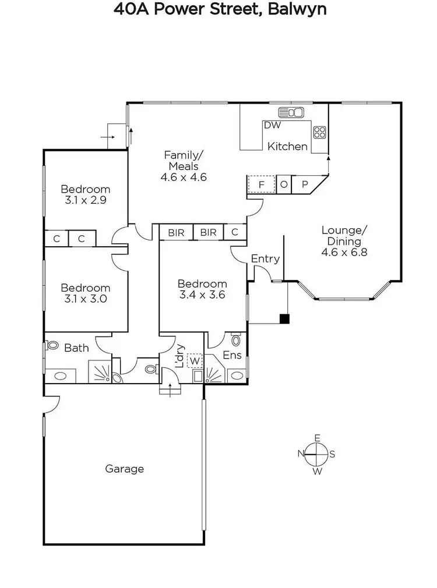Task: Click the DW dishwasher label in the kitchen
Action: tap(272, 125)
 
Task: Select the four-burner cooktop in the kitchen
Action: tap(320, 132)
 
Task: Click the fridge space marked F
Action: tap(262, 185)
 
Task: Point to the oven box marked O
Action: tap(284, 185)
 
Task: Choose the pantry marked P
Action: tap(305, 185)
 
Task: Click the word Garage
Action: tap(124, 468)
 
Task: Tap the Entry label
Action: tap(265, 259)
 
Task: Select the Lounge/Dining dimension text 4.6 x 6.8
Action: tap(344, 252)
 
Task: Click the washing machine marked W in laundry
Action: tap(195, 360)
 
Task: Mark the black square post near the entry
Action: tap(284, 318)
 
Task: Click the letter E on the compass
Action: tap(318, 438)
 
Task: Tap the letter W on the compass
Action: tap(318, 472)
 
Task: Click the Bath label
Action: tap(76, 348)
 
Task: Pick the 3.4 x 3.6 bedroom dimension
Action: tap(202, 295)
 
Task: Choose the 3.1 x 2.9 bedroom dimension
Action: tap(86, 200)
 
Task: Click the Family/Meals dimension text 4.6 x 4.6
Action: tap(184, 178)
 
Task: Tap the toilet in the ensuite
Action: tap(236, 339)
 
